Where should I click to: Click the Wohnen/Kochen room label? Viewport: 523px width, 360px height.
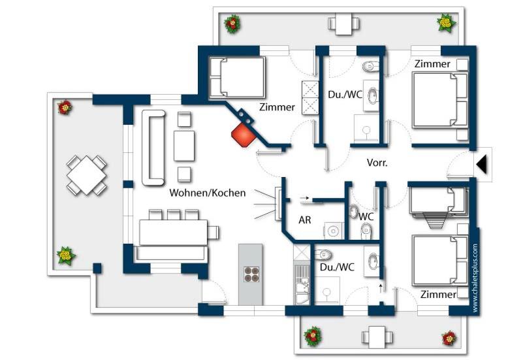(208, 193)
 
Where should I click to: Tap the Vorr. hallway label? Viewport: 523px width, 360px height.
(377, 163)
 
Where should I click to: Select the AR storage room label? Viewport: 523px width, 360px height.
(305, 220)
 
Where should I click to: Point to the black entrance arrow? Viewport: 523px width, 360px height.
(482, 165)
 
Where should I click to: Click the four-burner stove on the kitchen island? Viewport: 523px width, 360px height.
(251, 274)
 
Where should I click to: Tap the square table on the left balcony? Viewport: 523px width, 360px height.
(87, 175)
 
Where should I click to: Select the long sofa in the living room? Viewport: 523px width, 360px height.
(153, 148)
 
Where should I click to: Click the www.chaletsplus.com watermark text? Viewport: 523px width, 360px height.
(475, 278)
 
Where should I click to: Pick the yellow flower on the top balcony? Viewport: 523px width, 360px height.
(447, 23)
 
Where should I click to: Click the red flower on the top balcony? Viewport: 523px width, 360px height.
(232, 24)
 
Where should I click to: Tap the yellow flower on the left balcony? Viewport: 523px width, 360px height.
(66, 255)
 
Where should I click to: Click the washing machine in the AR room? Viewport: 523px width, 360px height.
(333, 231)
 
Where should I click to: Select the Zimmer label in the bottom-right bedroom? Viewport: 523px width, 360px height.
(438, 294)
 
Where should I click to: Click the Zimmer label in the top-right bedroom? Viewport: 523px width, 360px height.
(432, 64)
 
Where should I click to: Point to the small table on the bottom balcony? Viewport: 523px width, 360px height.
(377, 336)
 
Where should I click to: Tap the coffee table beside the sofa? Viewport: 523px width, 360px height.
(184, 146)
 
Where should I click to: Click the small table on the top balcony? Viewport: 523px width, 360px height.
(344, 24)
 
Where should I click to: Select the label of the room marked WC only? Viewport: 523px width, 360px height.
(366, 216)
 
